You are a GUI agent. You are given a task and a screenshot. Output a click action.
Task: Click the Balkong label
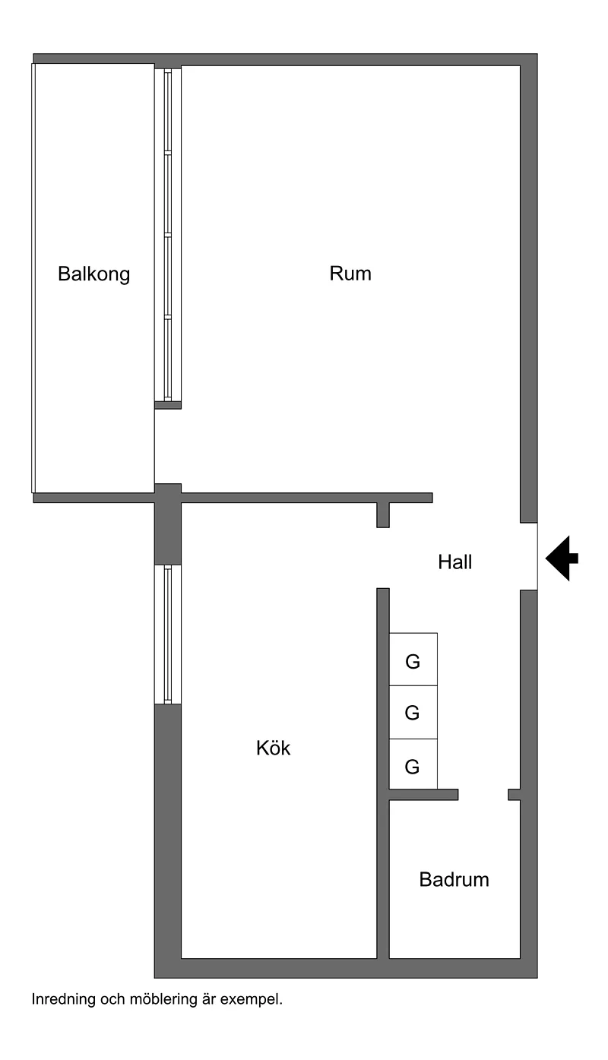(x=94, y=274)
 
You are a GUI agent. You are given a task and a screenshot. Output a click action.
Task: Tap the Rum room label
(x=350, y=273)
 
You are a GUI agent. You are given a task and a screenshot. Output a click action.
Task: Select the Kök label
(x=274, y=748)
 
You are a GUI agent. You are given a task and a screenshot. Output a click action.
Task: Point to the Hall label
(x=455, y=563)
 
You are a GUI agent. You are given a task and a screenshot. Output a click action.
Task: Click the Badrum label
(x=454, y=880)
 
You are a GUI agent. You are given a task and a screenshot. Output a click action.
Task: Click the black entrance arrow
(x=562, y=558)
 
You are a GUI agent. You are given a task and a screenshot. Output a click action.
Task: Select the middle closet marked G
(x=413, y=713)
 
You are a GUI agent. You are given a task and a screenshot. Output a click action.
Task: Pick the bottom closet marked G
(x=413, y=766)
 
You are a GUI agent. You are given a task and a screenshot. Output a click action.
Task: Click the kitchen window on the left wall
(x=167, y=634)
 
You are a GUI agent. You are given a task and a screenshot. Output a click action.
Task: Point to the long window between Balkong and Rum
(x=168, y=234)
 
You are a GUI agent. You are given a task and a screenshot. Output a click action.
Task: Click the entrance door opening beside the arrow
(x=530, y=556)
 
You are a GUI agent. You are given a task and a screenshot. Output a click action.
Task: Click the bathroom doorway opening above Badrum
(x=483, y=795)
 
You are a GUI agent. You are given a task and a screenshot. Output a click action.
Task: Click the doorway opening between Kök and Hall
(x=383, y=558)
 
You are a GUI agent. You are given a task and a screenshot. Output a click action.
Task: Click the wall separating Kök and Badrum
(x=383, y=874)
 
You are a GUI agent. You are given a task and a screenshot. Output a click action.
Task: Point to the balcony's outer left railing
(x=33, y=277)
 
